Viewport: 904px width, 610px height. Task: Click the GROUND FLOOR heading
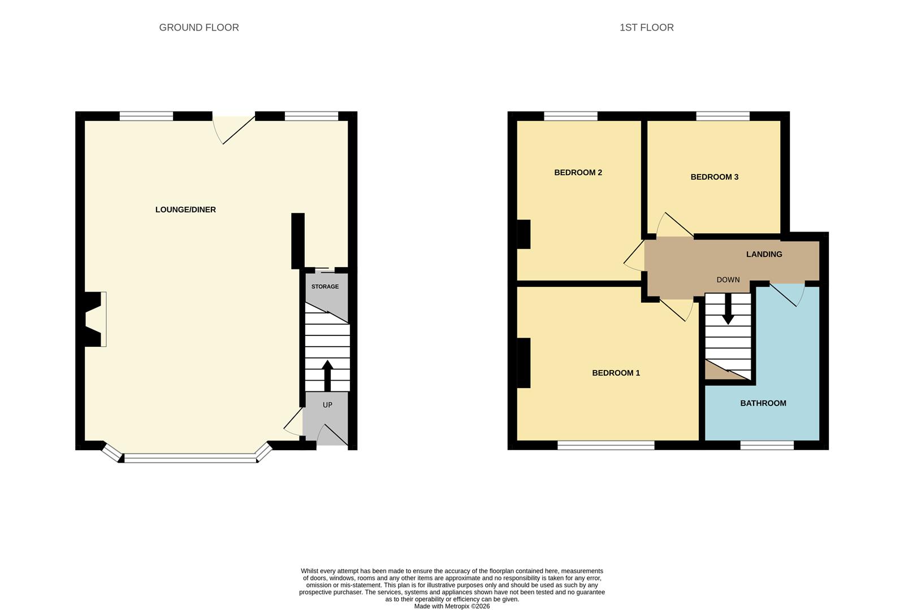point(199,28)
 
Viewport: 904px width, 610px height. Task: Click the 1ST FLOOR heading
point(646,28)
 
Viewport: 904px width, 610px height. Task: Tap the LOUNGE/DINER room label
point(185,210)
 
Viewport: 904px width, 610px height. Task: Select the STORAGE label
point(325,286)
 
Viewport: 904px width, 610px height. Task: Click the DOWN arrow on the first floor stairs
point(728,310)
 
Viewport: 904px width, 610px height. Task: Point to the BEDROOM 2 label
point(578,172)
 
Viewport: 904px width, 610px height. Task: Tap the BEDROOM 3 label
point(714,177)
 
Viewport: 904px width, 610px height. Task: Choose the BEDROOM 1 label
point(616,373)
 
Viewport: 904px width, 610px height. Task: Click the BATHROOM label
point(763,403)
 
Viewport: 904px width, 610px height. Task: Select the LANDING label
point(764,254)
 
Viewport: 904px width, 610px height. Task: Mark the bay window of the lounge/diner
point(190,459)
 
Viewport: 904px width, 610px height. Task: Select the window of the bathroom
point(767,446)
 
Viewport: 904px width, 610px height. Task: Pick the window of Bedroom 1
point(605,446)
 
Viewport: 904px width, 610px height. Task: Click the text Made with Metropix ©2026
point(452,606)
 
